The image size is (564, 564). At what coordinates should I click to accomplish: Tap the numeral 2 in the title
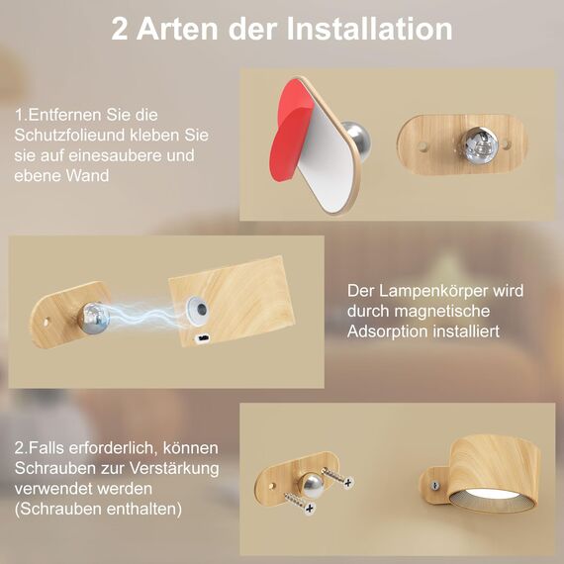(122, 29)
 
